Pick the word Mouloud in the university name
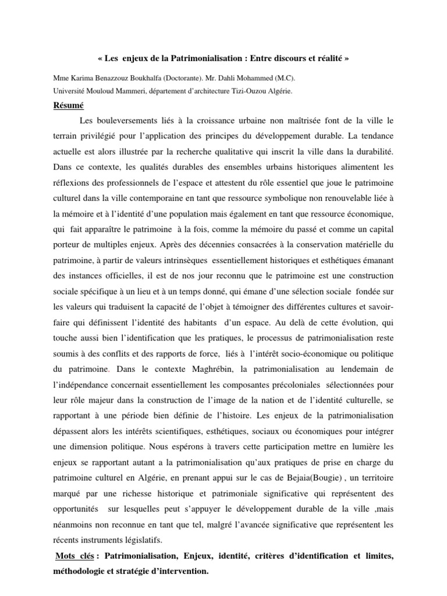[x=101, y=91]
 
